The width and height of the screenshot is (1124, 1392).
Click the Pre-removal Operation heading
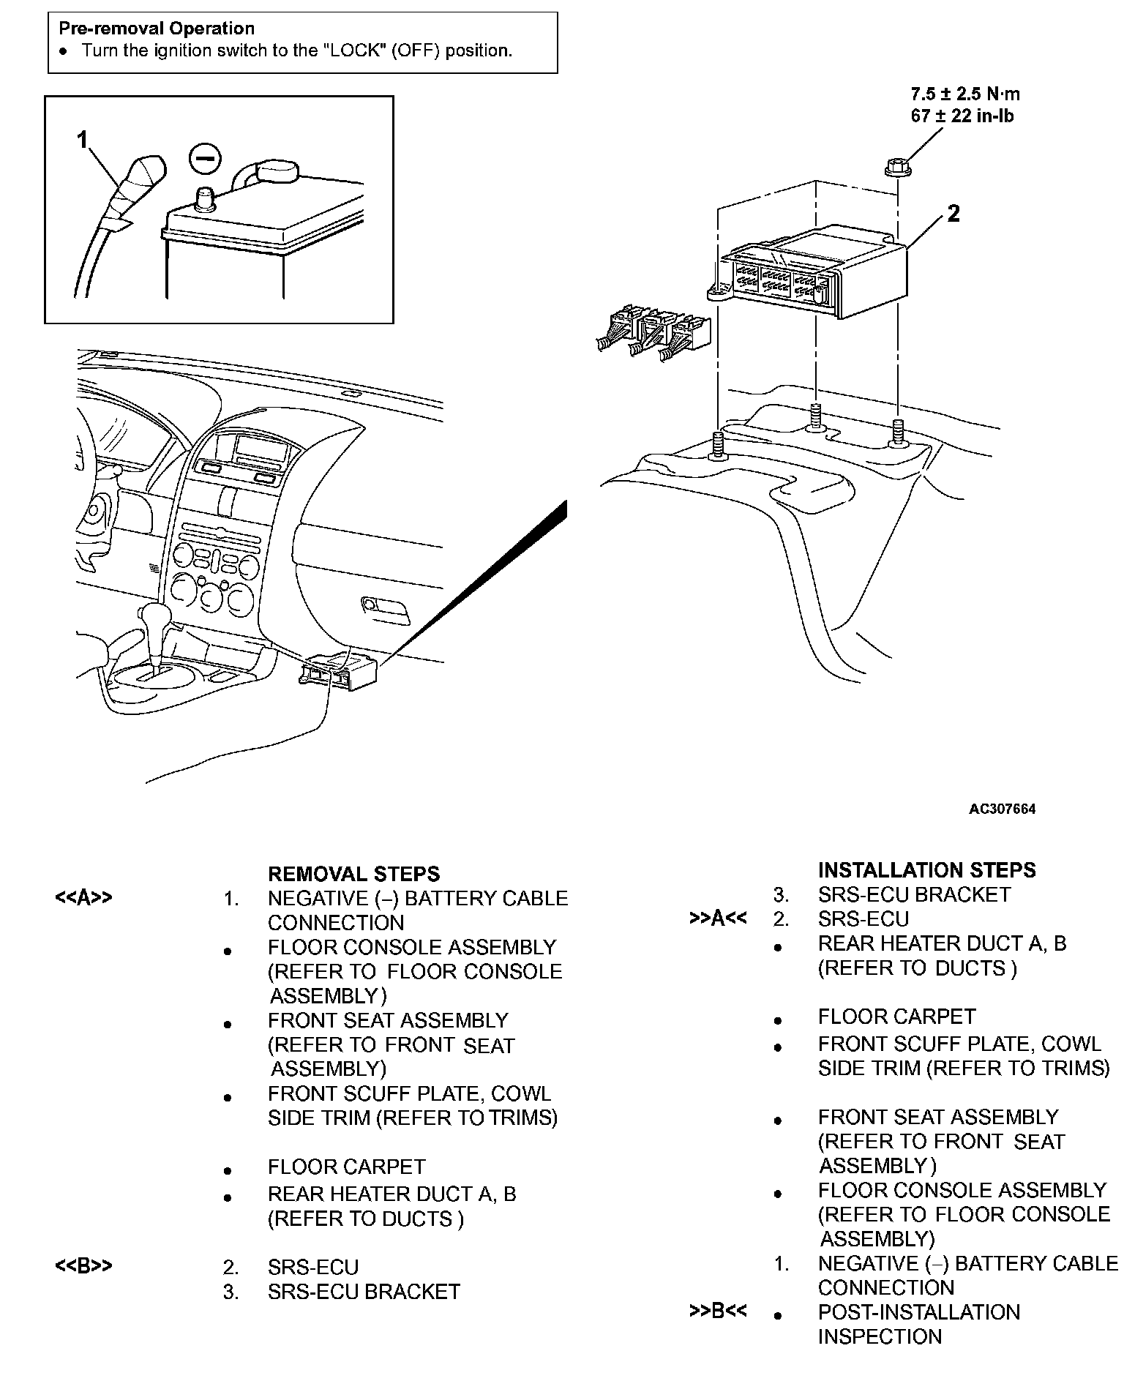coord(157,29)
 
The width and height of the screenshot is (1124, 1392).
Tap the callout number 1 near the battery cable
coord(83,138)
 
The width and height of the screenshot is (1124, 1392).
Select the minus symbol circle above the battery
coord(204,158)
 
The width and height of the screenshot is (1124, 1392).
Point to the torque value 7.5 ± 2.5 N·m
coord(964,94)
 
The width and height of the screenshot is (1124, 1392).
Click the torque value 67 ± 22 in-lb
coord(962,116)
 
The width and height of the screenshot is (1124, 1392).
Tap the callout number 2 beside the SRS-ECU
coord(953,213)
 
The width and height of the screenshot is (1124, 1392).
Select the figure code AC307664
coord(1002,809)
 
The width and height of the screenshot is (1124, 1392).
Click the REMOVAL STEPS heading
coord(354,874)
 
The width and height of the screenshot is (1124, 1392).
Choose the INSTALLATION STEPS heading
coord(926,870)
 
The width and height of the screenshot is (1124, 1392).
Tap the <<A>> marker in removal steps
coord(84,898)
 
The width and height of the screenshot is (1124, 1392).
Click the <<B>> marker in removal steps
coord(84,1266)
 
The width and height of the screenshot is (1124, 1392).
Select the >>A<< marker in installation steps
coord(718,918)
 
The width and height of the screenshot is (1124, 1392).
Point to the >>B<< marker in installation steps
coord(718,1311)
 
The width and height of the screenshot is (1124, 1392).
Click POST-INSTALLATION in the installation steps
coord(918,1312)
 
